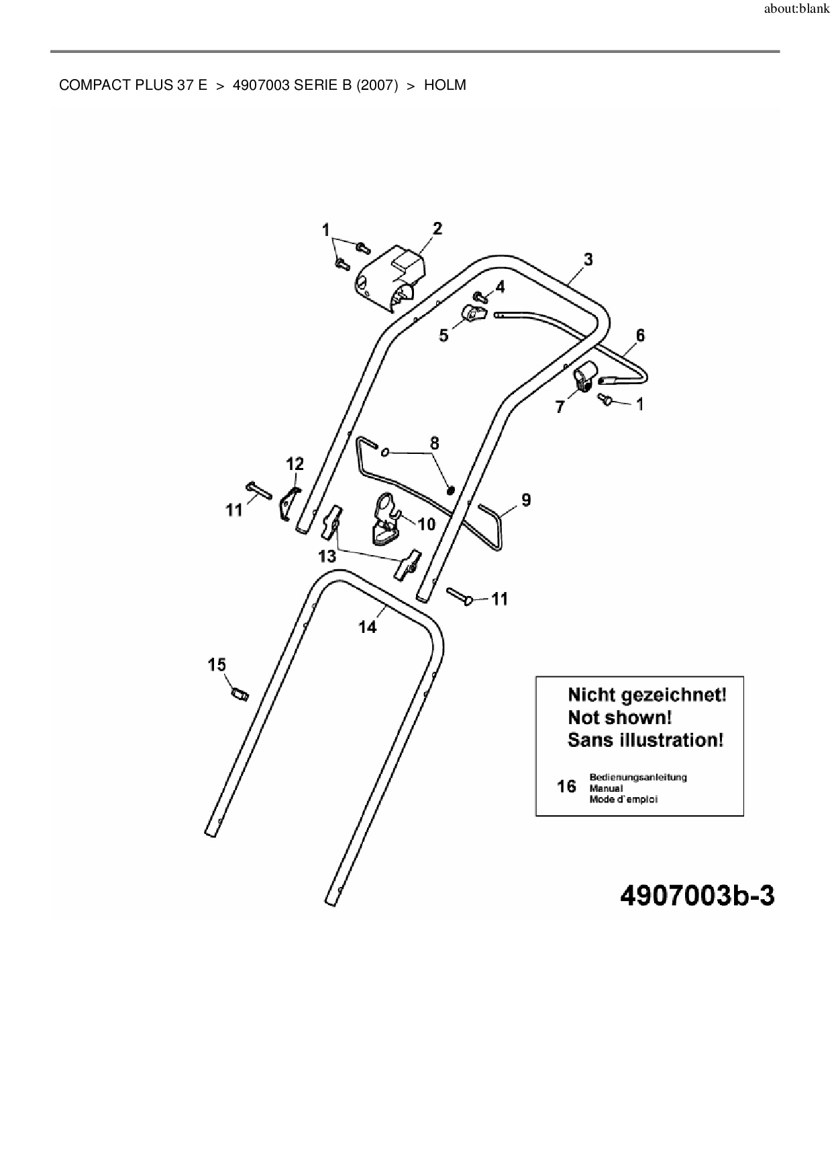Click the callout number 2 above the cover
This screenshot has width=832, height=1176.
437,229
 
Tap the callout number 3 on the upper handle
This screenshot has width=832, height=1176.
588,259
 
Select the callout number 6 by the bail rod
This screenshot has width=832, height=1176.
640,335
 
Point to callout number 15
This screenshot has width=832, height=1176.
217,664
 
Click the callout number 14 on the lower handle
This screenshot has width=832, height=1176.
368,627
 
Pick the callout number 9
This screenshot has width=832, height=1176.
526,499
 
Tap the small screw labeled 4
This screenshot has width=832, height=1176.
480,296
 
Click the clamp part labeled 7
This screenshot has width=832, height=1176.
583,376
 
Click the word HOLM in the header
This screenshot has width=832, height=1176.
445,85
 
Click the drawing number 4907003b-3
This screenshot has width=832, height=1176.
698,896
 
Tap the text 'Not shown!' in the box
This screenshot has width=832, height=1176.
619,717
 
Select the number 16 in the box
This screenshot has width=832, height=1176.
566,786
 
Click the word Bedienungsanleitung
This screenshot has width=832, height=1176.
637,777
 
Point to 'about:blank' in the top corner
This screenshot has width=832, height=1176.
797,11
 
